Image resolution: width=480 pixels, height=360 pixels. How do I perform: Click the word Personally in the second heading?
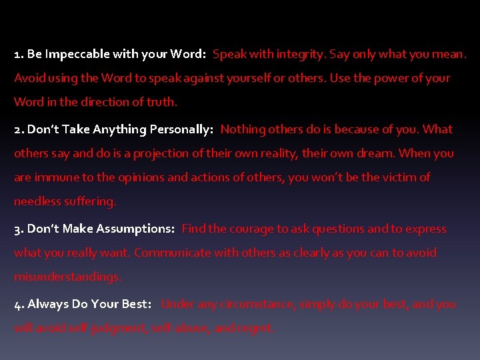tap(181, 129)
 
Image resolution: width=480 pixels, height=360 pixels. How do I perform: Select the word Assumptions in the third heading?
tap(135, 229)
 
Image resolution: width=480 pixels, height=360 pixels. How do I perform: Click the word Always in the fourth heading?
tap(48, 304)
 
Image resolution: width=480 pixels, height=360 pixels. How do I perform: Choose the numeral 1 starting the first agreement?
tap(17, 54)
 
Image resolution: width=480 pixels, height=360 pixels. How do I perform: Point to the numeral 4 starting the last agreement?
tap(17, 304)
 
